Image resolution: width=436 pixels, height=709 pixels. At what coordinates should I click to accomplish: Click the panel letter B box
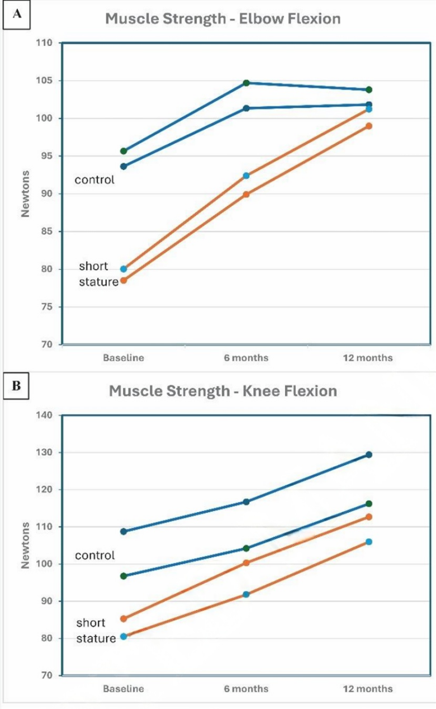[x=17, y=387]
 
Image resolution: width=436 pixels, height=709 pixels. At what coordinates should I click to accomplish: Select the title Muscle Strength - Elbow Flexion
[x=222, y=19]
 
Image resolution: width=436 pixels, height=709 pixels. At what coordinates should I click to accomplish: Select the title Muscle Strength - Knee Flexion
[x=222, y=390]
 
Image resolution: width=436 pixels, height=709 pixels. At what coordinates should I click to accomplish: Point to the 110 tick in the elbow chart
[x=45, y=43]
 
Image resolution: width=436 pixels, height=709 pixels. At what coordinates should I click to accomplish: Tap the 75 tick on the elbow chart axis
[x=47, y=307]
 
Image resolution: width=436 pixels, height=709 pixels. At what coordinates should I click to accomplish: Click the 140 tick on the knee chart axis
[x=45, y=415]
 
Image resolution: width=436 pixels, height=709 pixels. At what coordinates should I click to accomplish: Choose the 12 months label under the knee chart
[x=368, y=688]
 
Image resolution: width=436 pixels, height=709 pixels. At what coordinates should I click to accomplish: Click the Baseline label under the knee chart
[x=123, y=688]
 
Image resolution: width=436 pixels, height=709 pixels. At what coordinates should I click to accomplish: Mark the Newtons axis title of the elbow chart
[x=25, y=193]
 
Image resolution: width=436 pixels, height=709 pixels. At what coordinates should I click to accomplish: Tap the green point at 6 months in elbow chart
[x=246, y=83]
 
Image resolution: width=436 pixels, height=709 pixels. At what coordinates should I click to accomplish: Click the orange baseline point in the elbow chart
[x=124, y=280]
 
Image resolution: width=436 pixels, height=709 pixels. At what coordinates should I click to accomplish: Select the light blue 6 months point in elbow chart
[x=246, y=176]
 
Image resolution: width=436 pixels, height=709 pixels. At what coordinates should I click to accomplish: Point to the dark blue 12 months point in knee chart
[x=369, y=455]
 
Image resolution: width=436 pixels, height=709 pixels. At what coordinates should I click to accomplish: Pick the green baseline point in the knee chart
[x=124, y=576]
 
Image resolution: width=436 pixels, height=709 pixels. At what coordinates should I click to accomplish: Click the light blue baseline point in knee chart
[x=124, y=636]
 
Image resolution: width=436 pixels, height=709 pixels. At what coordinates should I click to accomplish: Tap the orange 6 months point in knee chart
[x=246, y=563]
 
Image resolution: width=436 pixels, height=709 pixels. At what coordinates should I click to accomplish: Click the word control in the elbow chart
[x=94, y=180]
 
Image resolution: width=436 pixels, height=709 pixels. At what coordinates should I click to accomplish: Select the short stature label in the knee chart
[x=96, y=630]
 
